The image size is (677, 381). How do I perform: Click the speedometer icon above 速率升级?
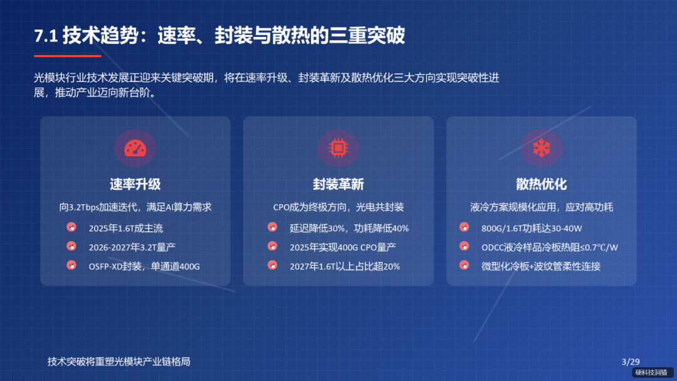(135, 149)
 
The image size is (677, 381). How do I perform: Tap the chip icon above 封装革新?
(338, 149)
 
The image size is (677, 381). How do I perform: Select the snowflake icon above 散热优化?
(541, 149)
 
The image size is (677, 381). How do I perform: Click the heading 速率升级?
(135, 184)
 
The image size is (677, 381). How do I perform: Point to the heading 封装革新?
(338, 184)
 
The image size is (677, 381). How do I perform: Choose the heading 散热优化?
(542, 184)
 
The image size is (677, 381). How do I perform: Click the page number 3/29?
(630, 362)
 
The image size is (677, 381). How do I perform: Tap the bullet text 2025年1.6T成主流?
(125, 228)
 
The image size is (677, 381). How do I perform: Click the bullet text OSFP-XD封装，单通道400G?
(144, 266)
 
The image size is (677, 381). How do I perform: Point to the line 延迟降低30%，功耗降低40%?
(349, 228)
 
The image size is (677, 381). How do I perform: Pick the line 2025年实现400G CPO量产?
(342, 247)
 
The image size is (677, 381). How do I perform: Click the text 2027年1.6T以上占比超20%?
(345, 266)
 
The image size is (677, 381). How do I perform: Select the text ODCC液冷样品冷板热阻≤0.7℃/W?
(550, 247)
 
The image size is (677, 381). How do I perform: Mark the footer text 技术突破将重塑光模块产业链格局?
(118, 362)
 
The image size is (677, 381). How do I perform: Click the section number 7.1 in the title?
(46, 36)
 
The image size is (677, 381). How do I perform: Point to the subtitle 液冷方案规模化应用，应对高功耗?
(542, 207)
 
